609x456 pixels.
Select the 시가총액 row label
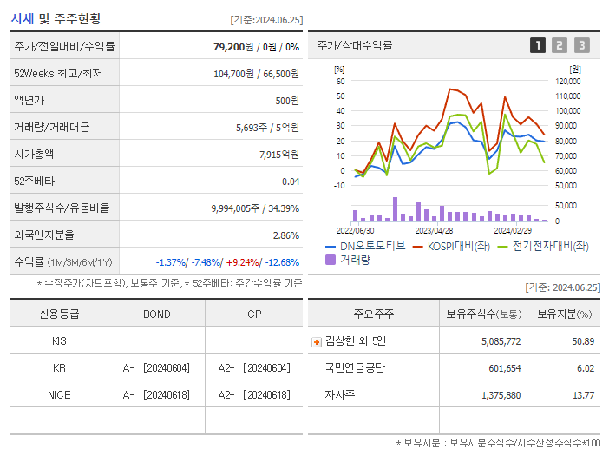[x=34, y=154]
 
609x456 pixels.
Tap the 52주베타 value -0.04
[x=288, y=182]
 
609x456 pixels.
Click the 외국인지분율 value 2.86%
[x=285, y=235]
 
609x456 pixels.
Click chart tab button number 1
[x=538, y=45]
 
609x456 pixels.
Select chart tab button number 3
[x=581, y=45]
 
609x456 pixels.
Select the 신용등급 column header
[x=59, y=314]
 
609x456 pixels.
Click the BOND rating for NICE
[x=156, y=394]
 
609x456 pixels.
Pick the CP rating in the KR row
[x=253, y=367]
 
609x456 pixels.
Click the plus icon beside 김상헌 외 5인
[x=316, y=341]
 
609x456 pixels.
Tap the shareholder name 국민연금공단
[x=354, y=367]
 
